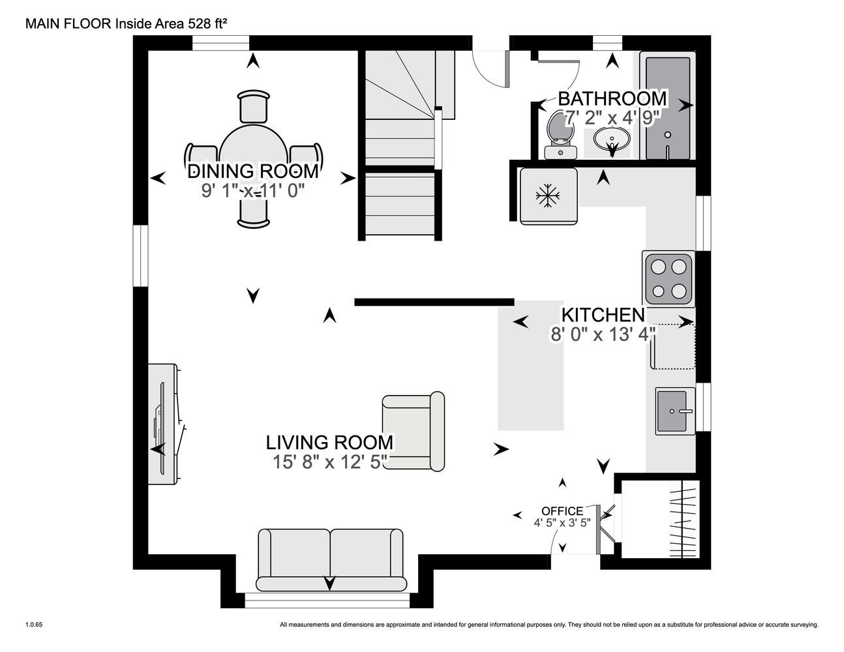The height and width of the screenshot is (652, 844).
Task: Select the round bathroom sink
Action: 611,140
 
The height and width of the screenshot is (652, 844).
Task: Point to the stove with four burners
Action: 668,279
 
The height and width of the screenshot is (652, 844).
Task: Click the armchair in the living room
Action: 414,431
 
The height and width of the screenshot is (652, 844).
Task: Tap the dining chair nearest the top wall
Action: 253,106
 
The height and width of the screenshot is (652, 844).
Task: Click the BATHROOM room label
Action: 612,98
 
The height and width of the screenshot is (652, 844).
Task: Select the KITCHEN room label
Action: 603,315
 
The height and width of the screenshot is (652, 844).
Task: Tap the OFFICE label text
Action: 562,511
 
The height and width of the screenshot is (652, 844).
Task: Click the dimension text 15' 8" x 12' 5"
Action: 330,462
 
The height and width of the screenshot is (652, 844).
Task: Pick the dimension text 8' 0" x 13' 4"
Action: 603,334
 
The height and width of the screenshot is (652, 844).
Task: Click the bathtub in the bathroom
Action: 668,108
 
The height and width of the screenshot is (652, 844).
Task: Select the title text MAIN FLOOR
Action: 68,24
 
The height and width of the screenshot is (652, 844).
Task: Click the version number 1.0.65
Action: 34,625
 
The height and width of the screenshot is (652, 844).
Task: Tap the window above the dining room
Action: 220,43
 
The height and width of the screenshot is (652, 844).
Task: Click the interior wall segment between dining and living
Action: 434,303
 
